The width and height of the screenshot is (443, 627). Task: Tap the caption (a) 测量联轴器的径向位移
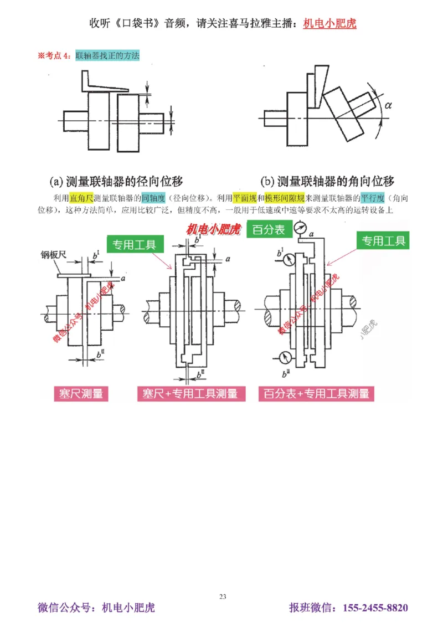point(116,181)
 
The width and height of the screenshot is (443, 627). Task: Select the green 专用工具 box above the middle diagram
point(135,244)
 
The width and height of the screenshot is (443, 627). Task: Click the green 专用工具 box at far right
point(383,240)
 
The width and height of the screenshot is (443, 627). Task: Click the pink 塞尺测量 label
point(81,393)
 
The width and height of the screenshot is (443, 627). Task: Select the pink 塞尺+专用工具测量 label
point(190,393)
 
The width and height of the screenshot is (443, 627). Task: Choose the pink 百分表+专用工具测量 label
point(316,393)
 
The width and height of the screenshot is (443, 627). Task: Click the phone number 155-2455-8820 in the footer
point(375,608)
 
